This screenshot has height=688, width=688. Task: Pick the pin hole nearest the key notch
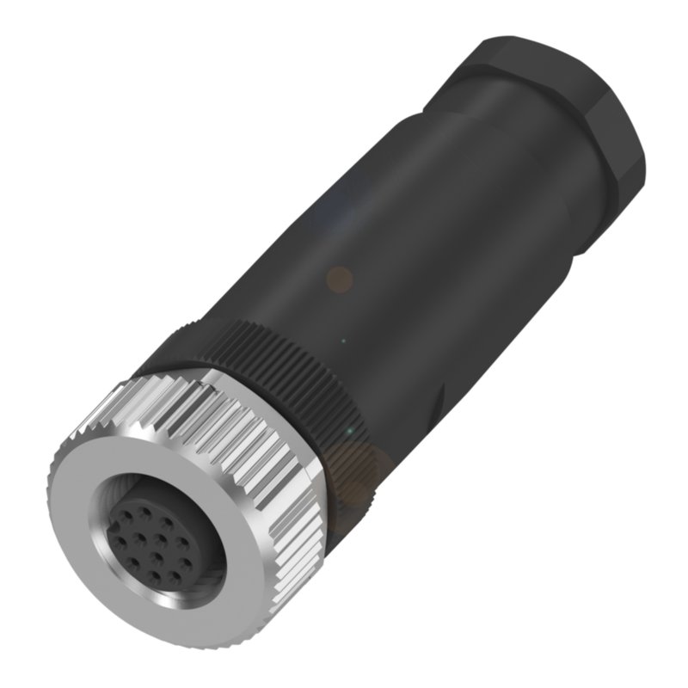click(x=126, y=516)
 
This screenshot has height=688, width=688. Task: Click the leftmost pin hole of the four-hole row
click(x=120, y=542)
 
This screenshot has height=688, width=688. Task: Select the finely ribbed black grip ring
click(x=284, y=361)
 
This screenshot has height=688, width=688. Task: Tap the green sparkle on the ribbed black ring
click(x=349, y=430)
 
